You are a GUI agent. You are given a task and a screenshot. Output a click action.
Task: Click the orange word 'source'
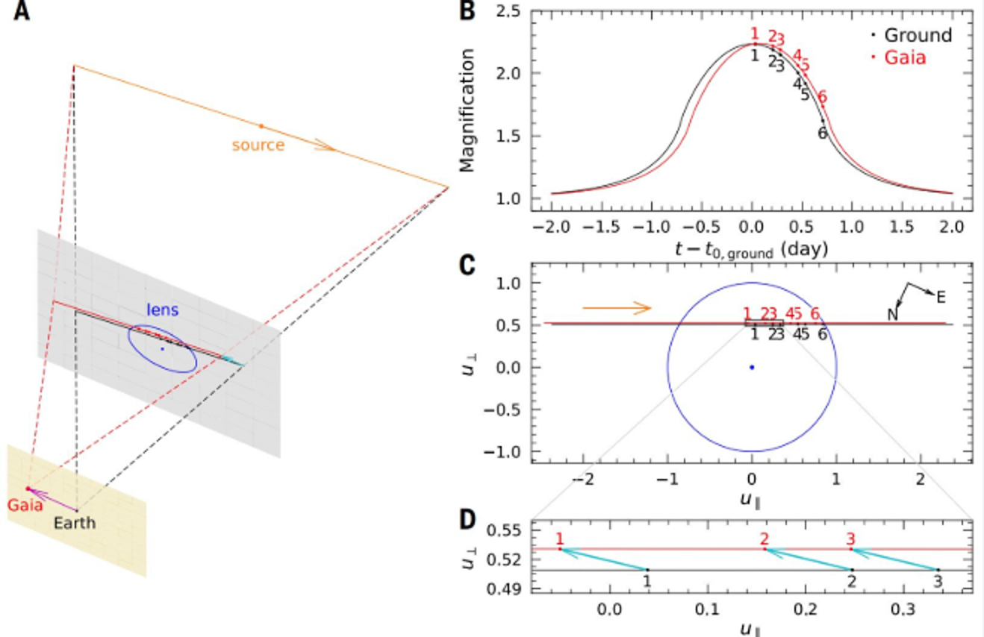click(x=258, y=145)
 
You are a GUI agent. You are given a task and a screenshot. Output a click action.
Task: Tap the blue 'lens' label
click(x=162, y=309)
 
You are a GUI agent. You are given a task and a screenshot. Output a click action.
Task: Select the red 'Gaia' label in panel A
click(x=25, y=506)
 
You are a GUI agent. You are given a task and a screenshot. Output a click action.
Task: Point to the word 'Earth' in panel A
click(x=75, y=522)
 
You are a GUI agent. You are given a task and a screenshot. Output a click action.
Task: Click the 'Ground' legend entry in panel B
click(x=918, y=35)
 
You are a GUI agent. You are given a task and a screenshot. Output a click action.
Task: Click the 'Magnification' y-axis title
click(x=467, y=110)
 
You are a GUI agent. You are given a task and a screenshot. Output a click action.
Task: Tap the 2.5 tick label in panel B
click(x=508, y=11)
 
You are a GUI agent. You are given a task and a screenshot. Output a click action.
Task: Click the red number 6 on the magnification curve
click(x=822, y=97)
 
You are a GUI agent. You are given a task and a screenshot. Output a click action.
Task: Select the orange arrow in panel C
click(x=617, y=307)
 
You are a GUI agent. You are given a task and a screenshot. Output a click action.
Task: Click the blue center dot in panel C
click(x=752, y=367)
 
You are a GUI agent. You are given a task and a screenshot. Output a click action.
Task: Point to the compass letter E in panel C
click(x=941, y=298)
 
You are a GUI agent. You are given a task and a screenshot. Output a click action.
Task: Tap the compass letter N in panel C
click(x=892, y=315)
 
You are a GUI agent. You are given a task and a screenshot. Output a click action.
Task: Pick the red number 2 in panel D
click(x=764, y=539)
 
